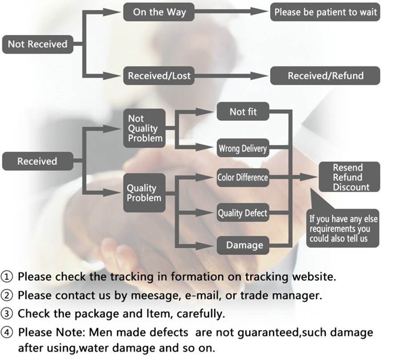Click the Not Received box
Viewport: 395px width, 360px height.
[x=37, y=45]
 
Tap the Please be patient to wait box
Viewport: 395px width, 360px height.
[x=325, y=12]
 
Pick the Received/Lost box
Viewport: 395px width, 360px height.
[x=159, y=76]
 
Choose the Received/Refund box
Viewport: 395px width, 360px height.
[x=325, y=76]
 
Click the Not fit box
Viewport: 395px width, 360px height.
[x=243, y=112]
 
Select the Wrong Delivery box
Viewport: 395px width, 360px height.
[x=242, y=149]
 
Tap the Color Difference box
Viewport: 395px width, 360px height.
[x=242, y=178]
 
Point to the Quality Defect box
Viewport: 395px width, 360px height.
[x=242, y=213]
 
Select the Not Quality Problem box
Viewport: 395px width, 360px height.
[x=144, y=128]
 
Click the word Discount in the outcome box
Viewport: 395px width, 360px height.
[x=351, y=187]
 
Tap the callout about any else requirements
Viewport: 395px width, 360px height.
[x=343, y=229]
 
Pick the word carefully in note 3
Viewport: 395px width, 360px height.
[x=200, y=314]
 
